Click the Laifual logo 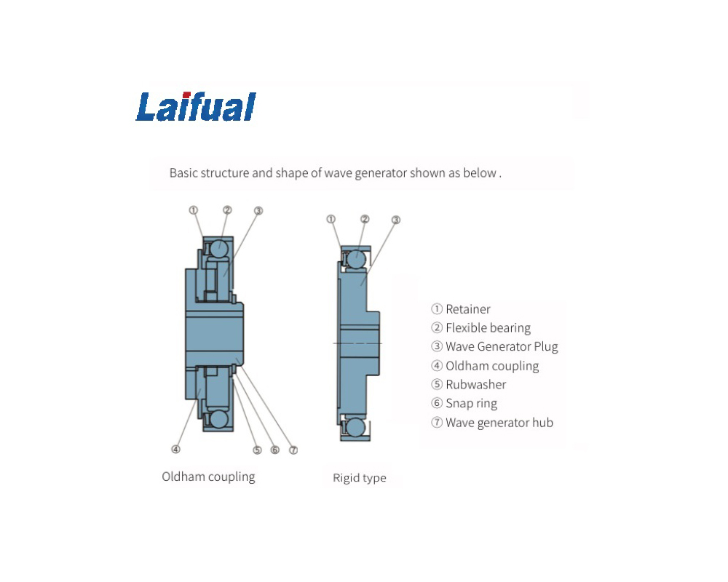tap(195, 106)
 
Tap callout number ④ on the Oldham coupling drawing tap(175, 449)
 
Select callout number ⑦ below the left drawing tap(293, 450)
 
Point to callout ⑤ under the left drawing tap(257, 450)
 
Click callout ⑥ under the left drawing tap(274, 450)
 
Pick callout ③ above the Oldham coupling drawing tap(258, 211)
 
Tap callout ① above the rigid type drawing tap(331, 219)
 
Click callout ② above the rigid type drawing tap(365, 219)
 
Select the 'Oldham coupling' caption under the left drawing tap(208, 477)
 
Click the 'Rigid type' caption tap(359, 478)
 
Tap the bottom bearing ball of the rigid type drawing tap(355, 427)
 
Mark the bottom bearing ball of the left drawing tap(219, 420)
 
